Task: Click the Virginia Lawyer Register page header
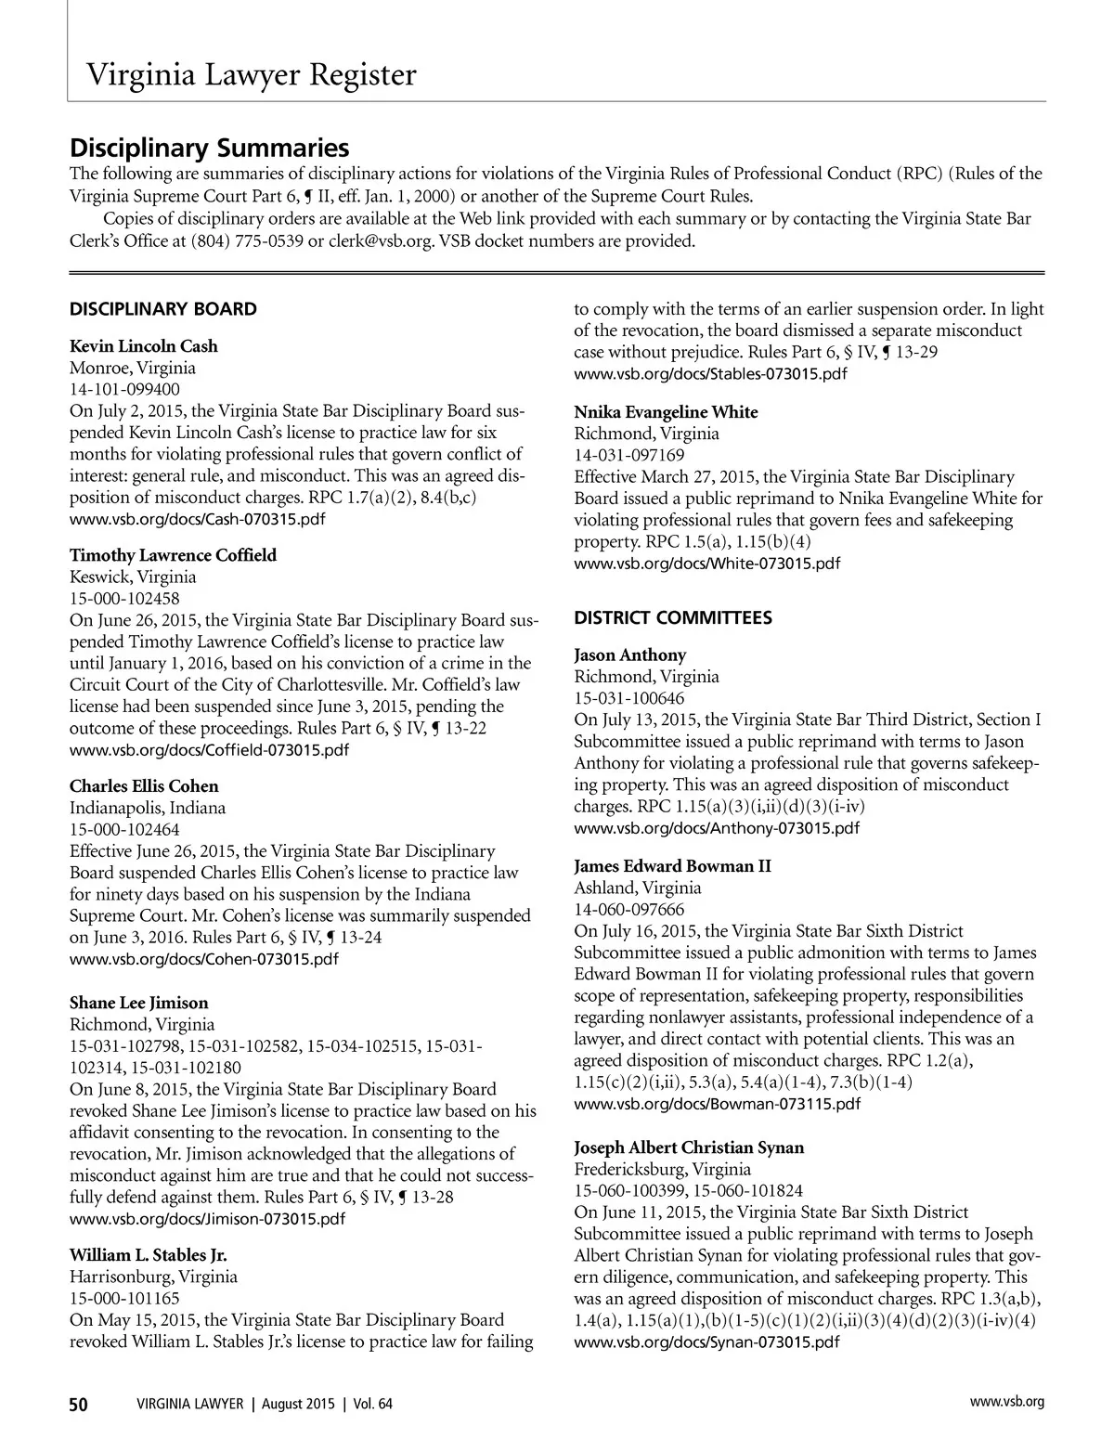click(x=251, y=74)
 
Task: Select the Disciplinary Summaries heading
click(x=210, y=148)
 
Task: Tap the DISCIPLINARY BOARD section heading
click(x=163, y=309)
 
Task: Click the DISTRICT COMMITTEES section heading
click(x=673, y=618)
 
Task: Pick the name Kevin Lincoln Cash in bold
click(x=144, y=346)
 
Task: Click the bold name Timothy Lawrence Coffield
click(x=173, y=555)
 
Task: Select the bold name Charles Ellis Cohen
click(x=144, y=786)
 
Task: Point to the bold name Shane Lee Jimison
click(x=139, y=1003)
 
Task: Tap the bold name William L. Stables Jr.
click(x=149, y=1255)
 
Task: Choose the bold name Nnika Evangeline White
click(x=666, y=412)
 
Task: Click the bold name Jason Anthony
click(x=630, y=655)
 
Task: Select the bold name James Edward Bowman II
click(x=672, y=866)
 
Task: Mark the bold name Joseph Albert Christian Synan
click(x=689, y=1147)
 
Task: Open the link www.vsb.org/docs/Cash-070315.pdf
click(x=198, y=519)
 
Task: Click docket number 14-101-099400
click(x=125, y=389)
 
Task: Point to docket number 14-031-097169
click(x=629, y=455)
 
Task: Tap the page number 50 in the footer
click(x=79, y=1405)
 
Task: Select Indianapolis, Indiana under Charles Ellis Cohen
click(x=148, y=808)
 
